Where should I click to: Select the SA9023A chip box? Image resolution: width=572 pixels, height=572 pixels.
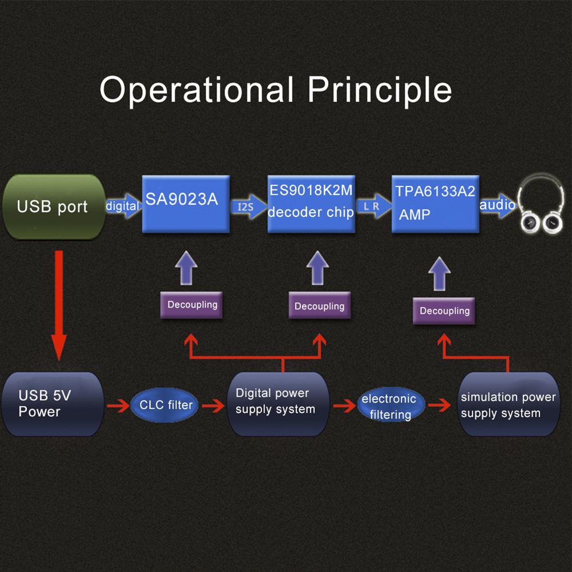186,204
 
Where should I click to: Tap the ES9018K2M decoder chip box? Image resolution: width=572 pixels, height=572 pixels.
311,204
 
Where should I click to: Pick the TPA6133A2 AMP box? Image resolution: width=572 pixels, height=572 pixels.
435,204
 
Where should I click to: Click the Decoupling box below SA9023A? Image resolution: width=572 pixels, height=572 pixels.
192,305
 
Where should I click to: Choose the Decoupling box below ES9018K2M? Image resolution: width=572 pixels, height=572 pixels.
319,307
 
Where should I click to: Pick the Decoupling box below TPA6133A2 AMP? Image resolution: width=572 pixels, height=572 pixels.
444,311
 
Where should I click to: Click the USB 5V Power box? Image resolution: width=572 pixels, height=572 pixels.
53,404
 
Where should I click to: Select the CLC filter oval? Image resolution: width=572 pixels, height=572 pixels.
166,405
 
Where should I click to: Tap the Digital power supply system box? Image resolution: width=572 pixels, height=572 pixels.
278,402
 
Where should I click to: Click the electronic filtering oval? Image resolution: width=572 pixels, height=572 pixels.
390,406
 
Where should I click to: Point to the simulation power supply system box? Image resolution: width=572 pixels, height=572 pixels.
509,404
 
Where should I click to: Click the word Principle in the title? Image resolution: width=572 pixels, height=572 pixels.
380,90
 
